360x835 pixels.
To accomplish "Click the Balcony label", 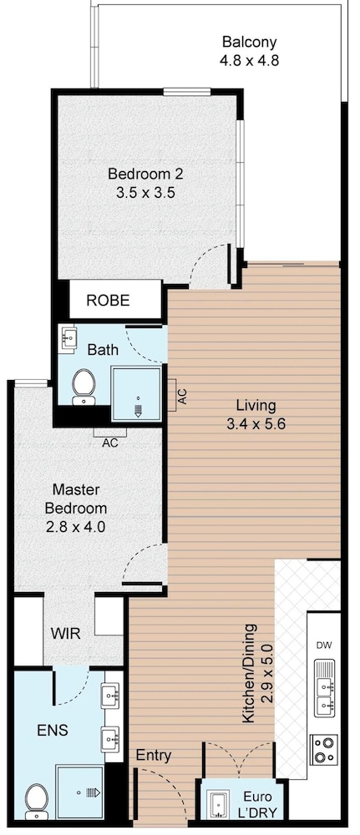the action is pyautogui.click(x=249, y=42).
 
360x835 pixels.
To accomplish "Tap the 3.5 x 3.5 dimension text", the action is pyautogui.click(x=145, y=192).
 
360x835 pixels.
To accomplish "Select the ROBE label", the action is pyautogui.click(x=108, y=301).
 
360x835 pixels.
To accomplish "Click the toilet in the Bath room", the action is pyautogui.click(x=84, y=387).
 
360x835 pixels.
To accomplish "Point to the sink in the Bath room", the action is pyautogui.click(x=69, y=337).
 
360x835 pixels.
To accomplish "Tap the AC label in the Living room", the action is pyautogui.click(x=182, y=396).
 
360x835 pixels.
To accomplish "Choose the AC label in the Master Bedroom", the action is pyautogui.click(x=110, y=442).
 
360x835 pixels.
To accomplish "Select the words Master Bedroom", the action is pyautogui.click(x=79, y=498).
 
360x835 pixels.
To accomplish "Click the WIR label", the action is pyautogui.click(x=65, y=634).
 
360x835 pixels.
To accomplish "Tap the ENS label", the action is pyautogui.click(x=53, y=730).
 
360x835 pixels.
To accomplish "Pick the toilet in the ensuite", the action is pyautogui.click(x=37, y=802).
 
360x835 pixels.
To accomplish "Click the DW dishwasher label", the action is pyautogui.click(x=324, y=646).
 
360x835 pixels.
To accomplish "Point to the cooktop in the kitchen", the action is pyautogui.click(x=324, y=749).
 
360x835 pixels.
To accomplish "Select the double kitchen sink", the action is pyautogui.click(x=324, y=688).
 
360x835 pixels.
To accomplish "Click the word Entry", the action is pyautogui.click(x=154, y=756).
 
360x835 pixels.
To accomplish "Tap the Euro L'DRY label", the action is pyautogui.click(x=258, y=805).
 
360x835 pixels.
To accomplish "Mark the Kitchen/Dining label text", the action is pyautogui.click(x=257, y=673).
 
